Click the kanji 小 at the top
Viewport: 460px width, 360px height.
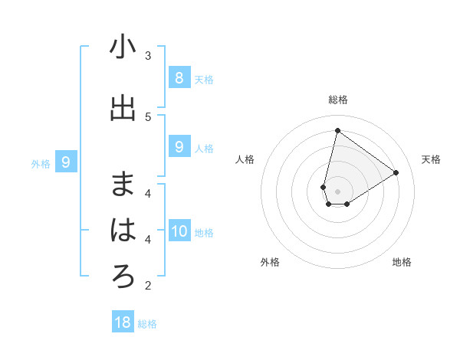tap(123, 47)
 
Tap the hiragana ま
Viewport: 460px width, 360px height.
tap(123, 184)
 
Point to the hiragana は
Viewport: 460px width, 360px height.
tap(123, 231)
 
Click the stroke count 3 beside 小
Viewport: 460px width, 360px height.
tap(148, 56)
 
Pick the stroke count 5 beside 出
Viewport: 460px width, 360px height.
tap(148, 116)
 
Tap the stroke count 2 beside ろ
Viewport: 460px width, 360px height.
tap(148, 286)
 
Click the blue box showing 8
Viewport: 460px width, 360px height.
tap(179, 77)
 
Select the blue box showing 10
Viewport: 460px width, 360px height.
tap(179, 231)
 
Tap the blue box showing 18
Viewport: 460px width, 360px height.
tap(123, 322)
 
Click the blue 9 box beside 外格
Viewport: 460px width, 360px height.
tap(67, 162)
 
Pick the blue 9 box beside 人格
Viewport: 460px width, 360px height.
tap(179, 147)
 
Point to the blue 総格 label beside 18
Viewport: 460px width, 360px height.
tap(147, 324)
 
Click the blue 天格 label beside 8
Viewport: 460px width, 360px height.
tap(204, 79)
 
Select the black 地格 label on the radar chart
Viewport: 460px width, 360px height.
tap(402, 262)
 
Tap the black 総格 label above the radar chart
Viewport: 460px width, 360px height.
tap(337, 100)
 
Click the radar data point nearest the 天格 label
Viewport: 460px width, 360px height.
tap(396, 172)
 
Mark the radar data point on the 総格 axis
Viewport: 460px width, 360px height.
tap(337, 131)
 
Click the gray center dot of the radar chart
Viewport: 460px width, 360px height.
tap(337, 191)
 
